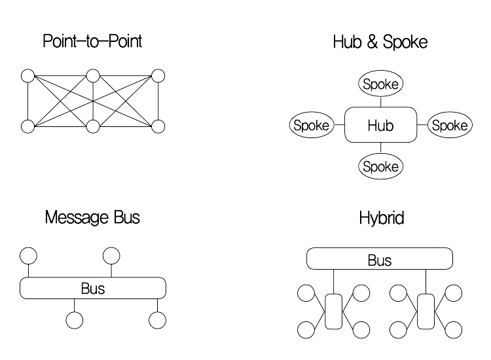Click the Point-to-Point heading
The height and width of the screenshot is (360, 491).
92,42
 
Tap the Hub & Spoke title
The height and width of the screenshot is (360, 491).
380,43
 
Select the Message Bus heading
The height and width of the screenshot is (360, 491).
92,217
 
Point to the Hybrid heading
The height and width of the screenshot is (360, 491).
381,218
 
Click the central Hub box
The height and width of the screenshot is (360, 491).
380,124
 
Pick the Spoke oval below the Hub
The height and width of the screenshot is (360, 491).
380,166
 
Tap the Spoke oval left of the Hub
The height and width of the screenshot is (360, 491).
311,125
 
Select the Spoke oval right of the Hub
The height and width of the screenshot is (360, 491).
449,125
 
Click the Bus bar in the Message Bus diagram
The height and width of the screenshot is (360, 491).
92,288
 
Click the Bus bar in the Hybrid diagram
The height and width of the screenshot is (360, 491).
380,259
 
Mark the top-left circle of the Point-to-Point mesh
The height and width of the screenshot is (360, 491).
27,76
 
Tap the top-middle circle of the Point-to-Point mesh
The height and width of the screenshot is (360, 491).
93,76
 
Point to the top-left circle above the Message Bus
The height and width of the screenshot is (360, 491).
28,255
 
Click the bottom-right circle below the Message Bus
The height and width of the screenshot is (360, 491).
157,320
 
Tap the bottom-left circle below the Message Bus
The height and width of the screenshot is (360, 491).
75,320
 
